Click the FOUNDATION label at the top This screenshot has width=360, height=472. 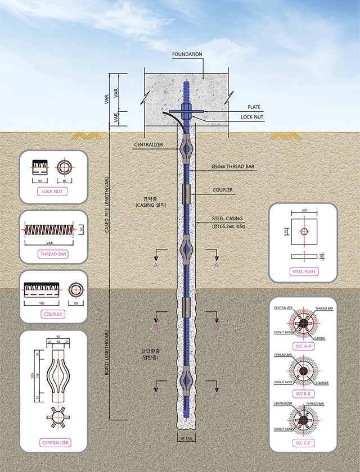pyautogui.click(x=187, y=55)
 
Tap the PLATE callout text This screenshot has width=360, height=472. pyautogui.click(x=254, y=107)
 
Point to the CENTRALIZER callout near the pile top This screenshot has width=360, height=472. pyautogui.click(x=148, y=145)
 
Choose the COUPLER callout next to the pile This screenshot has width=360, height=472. pyautogui.click(x=223, y=190)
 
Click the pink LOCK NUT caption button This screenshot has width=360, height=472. pyautogui.click(x=54, y=191)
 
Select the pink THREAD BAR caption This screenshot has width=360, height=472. pyautogui.click(x=54, y=255)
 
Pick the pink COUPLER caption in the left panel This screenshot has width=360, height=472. pyautogui.click(x=53, y=314)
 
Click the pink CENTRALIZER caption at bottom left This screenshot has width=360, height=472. pyautogui.click(x=55, y=443)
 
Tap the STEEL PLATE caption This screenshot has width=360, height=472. pyautogui.click(x=303, y=272)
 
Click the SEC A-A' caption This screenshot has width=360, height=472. pyautogui.click(x=303, y=346)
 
